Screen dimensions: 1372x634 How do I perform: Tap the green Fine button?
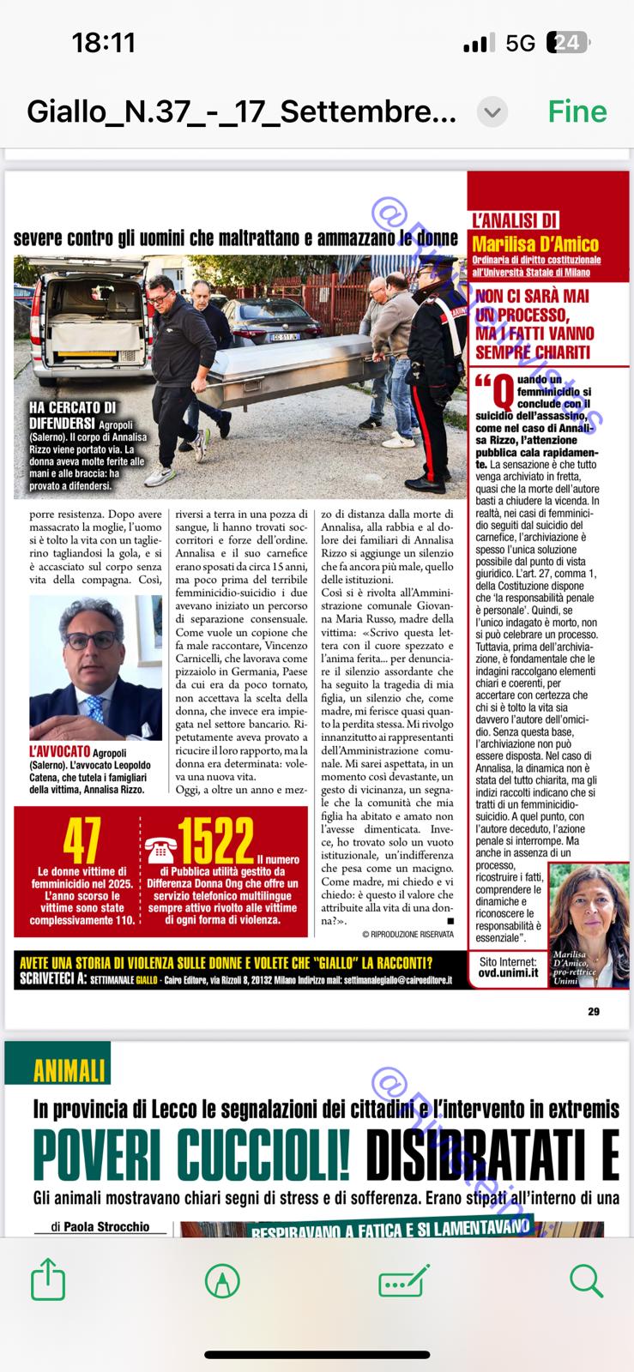[577, 111]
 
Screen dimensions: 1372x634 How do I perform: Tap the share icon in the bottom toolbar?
[48, 1281]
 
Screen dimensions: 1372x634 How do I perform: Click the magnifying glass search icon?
[586, 1281]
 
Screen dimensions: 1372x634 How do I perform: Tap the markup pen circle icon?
[223, 1281]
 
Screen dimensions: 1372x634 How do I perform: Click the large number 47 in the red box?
[82, 841]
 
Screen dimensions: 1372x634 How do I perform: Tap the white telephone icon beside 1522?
[160, 849]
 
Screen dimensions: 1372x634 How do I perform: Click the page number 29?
[594, 1012]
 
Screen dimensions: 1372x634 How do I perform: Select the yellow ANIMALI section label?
[69, 1070]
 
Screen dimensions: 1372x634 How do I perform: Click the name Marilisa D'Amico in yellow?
[535, 244]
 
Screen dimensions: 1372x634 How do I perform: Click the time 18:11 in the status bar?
[103, 43]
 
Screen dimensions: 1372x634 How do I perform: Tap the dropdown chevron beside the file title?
[492, 112]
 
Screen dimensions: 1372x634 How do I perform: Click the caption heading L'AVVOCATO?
[60, 752]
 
